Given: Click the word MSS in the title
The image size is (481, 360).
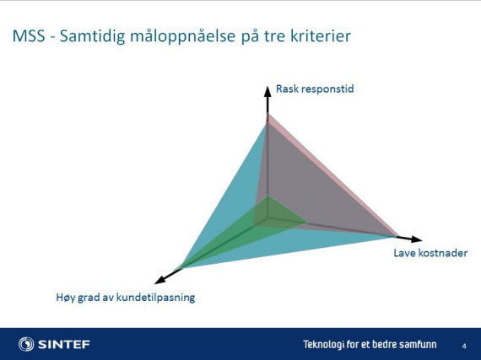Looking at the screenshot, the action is click(29, 36).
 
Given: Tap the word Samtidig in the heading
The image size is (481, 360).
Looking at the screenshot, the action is click(92, 36).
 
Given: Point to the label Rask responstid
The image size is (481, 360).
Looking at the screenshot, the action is click(315, 89).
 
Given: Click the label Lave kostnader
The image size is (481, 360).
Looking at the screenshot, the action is click(430, 253).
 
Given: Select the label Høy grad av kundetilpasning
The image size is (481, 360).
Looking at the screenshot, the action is click(126, 298).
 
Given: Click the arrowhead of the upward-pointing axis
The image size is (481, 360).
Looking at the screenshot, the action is click(268, 91).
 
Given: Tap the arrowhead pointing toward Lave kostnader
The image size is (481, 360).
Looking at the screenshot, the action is click(417, 239).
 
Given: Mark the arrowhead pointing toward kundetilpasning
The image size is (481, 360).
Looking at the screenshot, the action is click(159, 279).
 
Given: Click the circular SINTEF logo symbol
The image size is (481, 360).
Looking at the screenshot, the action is click(26, 344).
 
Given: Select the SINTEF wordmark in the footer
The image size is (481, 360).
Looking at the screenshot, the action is click(64, 344).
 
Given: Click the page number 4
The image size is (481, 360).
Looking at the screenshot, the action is click(464, 347).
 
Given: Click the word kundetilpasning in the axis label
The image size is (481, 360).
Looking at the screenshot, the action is click(156, 298).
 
